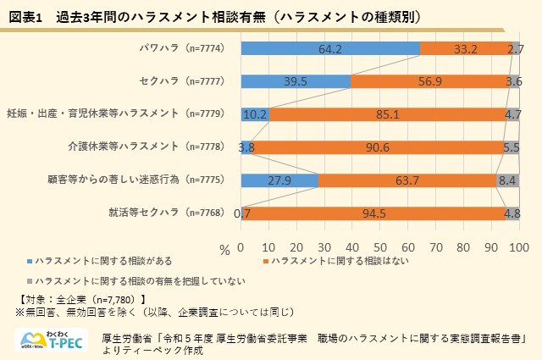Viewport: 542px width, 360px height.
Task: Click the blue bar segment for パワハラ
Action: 330,49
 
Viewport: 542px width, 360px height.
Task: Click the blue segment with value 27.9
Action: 279,180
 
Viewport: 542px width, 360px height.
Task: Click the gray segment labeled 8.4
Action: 507,180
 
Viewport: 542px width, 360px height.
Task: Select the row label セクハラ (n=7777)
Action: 182,82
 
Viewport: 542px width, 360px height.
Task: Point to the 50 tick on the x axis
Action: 380,247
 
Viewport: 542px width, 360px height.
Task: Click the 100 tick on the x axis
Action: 518,247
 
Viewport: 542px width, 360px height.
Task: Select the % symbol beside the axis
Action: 224,249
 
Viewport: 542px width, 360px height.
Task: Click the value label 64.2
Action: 330,49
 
